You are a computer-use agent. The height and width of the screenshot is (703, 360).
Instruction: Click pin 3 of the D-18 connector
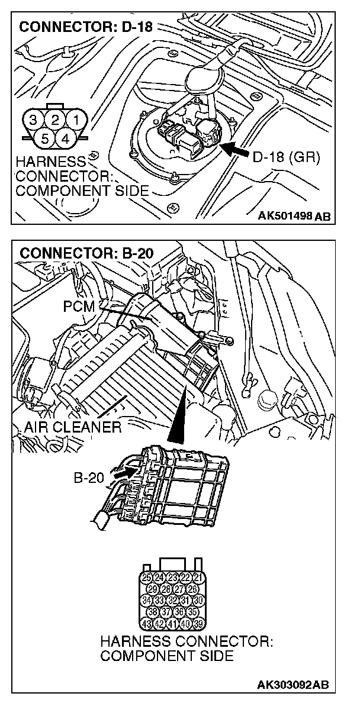tap(34, 120)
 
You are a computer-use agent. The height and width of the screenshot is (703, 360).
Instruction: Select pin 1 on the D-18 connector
tap(76, 120)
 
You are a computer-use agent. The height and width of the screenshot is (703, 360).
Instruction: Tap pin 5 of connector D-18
tap(45, 139)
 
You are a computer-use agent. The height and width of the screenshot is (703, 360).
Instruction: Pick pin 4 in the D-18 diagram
tap(66, 139)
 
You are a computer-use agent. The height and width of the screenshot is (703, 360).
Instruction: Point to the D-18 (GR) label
tap(286, 157)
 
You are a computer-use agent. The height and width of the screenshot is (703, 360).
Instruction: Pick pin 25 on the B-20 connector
tap(147, 577)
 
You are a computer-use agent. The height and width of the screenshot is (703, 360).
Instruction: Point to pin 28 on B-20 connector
tap(166, 589)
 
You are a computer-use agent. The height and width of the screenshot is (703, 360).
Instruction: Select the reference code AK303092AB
tap(292, 685)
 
